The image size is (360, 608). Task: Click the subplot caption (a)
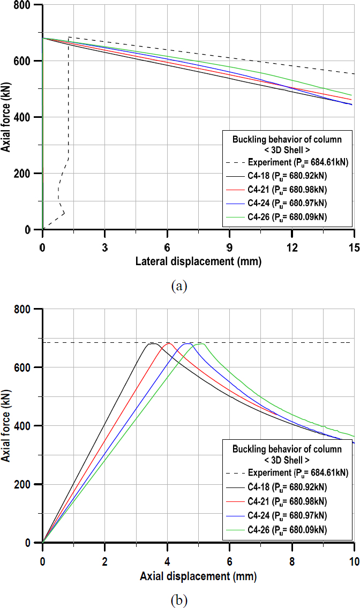[179, 286]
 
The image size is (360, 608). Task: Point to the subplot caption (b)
[179, 598]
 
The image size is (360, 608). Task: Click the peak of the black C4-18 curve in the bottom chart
[152, 343]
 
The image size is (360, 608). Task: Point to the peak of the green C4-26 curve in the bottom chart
[202, 343]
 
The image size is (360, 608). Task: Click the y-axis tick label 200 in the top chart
[27, 173]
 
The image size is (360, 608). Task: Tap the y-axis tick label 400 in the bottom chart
[27, 426]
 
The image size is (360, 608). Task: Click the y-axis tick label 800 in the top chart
[27, 5]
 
